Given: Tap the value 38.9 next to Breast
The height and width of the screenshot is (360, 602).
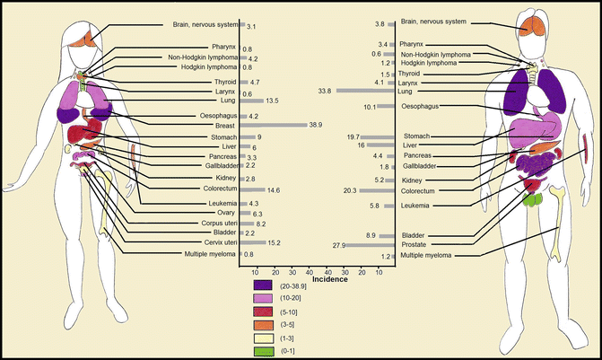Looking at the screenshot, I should click(315, 125).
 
